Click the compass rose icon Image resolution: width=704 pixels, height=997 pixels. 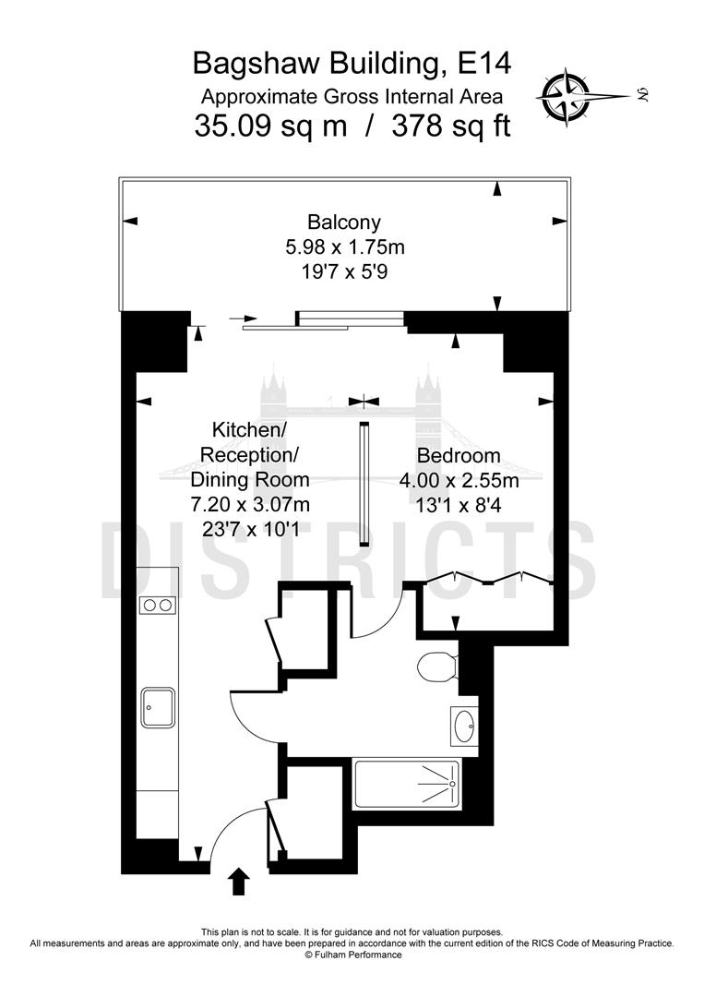tap(565, 93)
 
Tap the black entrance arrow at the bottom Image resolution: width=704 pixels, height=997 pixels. tap(237, 882)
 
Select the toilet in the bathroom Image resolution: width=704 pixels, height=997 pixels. tap(436, 665)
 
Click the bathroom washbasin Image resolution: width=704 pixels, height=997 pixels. tap(464, 725)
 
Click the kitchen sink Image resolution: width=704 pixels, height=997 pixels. tap(157, 707)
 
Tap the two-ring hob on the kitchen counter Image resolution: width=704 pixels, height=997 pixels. tap(156, 606)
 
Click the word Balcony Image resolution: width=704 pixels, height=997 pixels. tap(343, 222)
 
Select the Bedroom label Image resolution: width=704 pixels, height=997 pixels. tap(459, 455)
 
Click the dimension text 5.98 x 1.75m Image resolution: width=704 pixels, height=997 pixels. tap(343, 247)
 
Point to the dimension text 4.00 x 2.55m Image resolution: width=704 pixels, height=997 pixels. tap(459, 480)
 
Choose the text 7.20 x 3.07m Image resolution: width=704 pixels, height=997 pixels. tap(250, 504)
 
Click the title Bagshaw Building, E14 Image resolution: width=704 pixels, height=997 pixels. tap(351, 64)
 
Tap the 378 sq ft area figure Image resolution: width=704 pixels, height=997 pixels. tap(450, 126)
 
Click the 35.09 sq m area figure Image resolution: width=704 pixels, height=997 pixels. tap(270, 126)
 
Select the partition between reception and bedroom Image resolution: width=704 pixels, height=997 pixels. tap(364, 484)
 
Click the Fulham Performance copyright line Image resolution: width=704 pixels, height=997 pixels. tap(352, 955)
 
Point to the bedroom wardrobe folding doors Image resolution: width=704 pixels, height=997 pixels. tap(487, 579)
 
